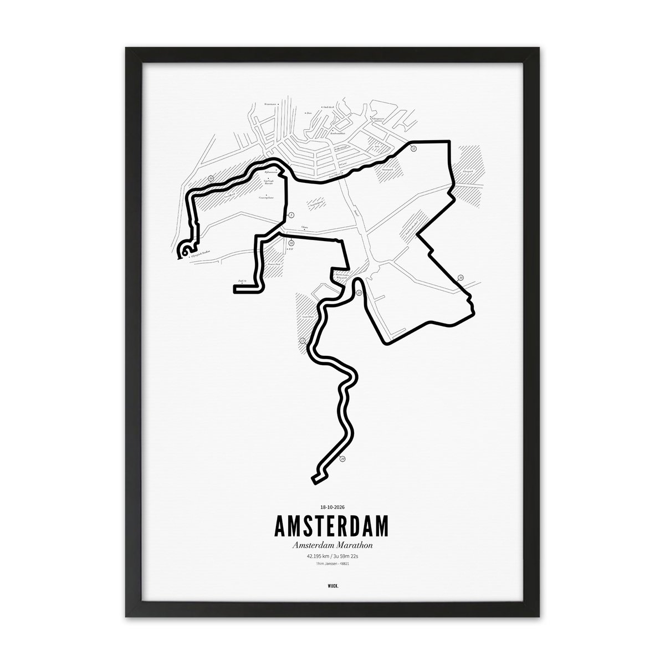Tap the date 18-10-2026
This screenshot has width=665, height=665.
coord(332,507)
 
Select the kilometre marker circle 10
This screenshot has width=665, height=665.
coord(291,242)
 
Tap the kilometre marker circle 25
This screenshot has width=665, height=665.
coord(358,292)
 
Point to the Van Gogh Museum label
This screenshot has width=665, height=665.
coord(269,181)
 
